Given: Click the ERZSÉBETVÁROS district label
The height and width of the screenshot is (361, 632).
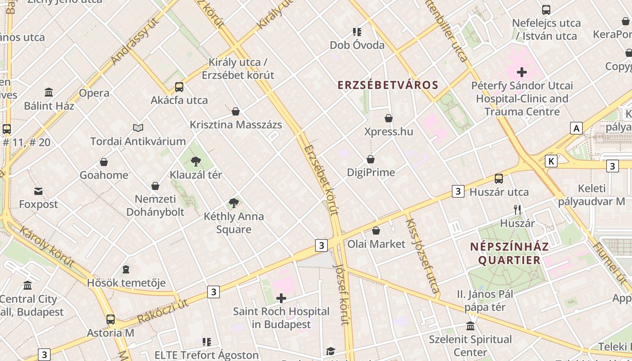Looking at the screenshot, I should (x=388, y=85).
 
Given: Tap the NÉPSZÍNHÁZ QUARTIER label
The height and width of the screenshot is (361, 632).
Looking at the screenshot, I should (x=509, y=253).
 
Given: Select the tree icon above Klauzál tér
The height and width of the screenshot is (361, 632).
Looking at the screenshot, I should (x=195, y=161).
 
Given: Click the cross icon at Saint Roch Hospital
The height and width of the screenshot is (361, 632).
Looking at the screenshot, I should (x=281, y=298).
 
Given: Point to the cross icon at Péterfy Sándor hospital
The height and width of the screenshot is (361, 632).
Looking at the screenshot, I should (x=522, y=72).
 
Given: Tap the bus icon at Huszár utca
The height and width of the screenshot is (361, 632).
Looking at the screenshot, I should (x=499, y=179).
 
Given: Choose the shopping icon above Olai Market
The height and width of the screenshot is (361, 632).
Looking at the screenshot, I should (x=376, y=231).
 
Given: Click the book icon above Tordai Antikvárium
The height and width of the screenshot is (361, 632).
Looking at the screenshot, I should (x=138, y=128).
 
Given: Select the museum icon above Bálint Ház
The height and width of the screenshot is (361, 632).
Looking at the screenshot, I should (x=49, y=93).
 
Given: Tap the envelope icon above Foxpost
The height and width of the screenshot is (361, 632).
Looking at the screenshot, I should (x=38, y=191).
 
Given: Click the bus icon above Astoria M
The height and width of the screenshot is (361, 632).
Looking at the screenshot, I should (x=111, y=319).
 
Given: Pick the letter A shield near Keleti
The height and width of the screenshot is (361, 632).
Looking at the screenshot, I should (x=576, y=128).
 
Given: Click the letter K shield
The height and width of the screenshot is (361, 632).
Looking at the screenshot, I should (x=551, y=161).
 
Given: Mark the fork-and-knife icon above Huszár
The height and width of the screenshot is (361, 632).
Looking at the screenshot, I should (x=517, y=210).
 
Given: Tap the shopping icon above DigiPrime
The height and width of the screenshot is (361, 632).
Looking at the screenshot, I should (x=371, y=159).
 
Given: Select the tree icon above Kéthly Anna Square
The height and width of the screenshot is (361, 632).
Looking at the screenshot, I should (x=233, y=203).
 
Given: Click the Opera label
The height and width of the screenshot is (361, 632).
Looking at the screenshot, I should (x=94, y=93).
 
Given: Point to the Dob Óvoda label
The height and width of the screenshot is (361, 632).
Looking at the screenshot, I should (x=357, y=45).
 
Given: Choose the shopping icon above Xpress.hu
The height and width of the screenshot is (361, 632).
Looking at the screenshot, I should (x=389, y=118).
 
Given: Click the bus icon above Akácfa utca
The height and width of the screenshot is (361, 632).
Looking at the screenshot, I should (x=179, y=87).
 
